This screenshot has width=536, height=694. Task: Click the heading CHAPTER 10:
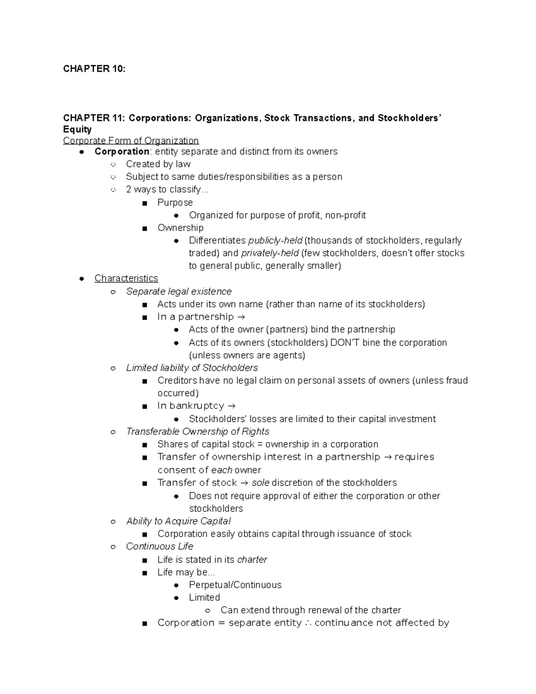tap(94, 69)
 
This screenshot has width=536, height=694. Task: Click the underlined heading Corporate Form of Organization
tap(131, 140)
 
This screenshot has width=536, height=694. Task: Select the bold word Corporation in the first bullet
tap(121, 151)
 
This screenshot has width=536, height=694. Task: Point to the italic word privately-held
tap(270, 253)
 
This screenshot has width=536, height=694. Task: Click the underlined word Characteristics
tap(126, 278)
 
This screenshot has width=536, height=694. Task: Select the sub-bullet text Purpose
tap(175, 202)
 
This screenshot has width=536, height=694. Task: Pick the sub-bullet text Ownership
tap(180, 228)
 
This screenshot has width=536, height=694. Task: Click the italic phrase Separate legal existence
tap(179, 291)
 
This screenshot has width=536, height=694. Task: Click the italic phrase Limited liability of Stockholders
tap(192, 368)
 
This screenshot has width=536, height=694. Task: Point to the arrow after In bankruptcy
tap(231, 406)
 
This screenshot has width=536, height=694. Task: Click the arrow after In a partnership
tap(240, 317)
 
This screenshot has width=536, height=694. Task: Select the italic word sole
tap(260, 483)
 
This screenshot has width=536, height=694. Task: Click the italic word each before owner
tap(222, 470)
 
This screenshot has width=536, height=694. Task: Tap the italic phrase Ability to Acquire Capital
tap(178, 521)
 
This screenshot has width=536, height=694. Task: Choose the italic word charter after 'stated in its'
tap(252, 559)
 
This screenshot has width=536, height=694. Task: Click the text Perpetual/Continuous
tap(235, 585)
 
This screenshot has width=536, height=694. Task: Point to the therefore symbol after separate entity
tap(308, 623)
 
